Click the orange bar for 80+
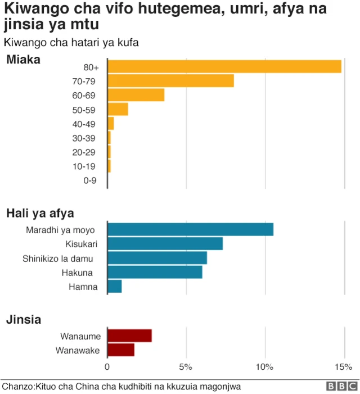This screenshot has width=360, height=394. pyautogui.click(x=224, y=66)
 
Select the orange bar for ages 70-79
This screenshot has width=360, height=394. pyautogui.click(x=170, y=80)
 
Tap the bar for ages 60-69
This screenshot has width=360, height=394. pyautogui.click(x=136, y=94)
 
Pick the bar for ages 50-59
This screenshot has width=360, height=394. pyautogui.click(x=118, y=109)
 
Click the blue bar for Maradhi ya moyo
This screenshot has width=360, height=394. pyautogui.click(x=190, y=229)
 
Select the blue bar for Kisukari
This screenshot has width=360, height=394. pyautogui.click(x=165, y=243)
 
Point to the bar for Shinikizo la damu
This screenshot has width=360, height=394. pyautogui.click(x=157, y=258)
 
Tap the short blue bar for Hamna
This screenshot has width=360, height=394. pyautogui.click(x=114, y=286)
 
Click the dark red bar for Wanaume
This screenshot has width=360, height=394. pyautogui.click(x=129, y=336)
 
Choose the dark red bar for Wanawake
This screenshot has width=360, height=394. pyautogui.click(x=121, y=350)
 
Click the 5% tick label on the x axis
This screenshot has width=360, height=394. pyautogui.click(x=186, y=367)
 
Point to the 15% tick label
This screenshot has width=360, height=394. pyautogui.click(x=343, y=367)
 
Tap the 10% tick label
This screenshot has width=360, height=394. pyautogui.click(x=264, y=367)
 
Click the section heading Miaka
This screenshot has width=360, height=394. pyautogui.click(x=23, y=60)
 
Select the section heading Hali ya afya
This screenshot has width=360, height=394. pyautogui.click(x=40, y=213)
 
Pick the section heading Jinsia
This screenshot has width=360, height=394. pyautogui.click(x=23, y=320)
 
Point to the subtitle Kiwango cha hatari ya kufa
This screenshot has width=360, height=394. pyautogui.click(x=71, y=42)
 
